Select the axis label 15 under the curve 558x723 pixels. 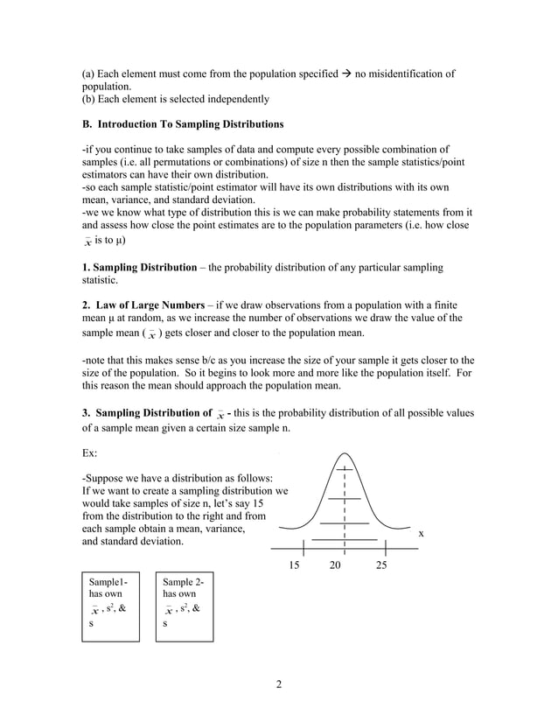click(294, 565)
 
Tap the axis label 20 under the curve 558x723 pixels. click(336, 565)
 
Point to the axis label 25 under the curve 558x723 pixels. click(381, 565)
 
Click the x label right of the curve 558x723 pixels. click(421, 532)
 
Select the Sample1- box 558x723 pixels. click(110, 609)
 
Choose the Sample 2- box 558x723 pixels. click(185, 609)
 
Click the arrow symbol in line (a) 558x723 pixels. click(346, 74)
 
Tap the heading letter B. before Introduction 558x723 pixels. click(87, 124)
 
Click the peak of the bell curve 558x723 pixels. click(345, 454)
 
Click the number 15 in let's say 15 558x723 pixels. click(255, 504)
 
